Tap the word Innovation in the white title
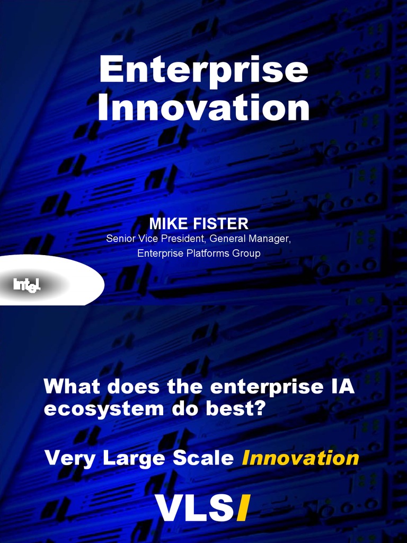(203, 108)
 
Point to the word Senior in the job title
(119, 239)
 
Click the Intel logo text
(26, 286)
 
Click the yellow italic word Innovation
(300, 458)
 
